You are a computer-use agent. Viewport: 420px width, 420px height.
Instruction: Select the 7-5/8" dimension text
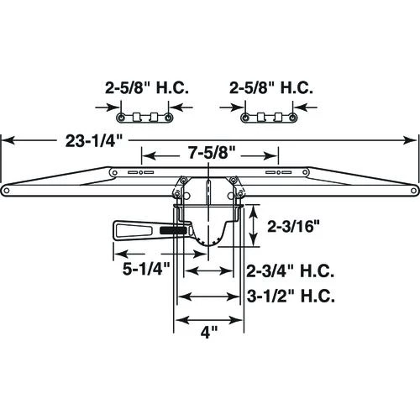tap(209, 155)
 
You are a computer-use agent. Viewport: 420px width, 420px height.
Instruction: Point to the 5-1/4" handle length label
tap(143, 268)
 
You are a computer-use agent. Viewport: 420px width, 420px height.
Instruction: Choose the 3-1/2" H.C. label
tap(291, 297)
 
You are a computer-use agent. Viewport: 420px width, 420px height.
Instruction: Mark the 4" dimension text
tap(209, 331)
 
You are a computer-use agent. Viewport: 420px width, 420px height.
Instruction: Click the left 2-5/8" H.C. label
tap(146, 87)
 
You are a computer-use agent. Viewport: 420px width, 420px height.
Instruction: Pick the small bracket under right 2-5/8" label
tap(267, 115)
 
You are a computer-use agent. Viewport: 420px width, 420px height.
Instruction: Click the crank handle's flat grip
tap(132, 228)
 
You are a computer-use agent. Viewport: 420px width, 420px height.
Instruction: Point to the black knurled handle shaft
tap(174, 229)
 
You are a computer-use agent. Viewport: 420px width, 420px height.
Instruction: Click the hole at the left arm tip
tap(7, 188)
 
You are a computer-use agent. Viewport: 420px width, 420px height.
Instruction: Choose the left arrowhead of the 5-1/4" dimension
tap(118, 254)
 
